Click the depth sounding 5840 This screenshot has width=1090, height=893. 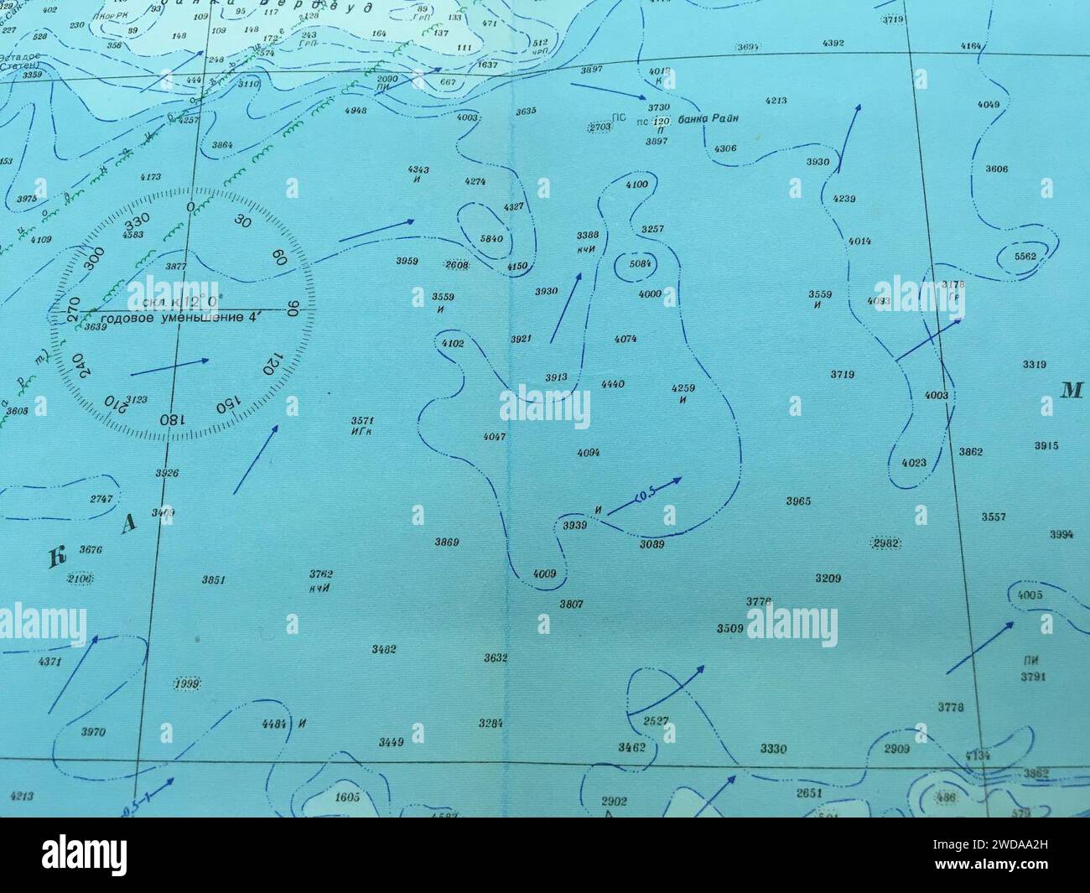click(x=491, y=239)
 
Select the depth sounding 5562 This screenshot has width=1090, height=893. click(x=1025, y=257)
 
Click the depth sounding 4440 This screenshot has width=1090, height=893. click(x=613, y=384)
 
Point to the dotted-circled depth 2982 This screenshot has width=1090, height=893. click(x=886, y=543)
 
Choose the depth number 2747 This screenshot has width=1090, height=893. click(x=101, y=499)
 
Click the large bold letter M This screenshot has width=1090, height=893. click(x=1071, y=390)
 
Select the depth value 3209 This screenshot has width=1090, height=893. click(x=828, y=579)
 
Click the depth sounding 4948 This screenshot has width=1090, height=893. click(x=355, y=110)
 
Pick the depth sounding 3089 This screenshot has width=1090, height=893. click(x=651, y=544)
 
